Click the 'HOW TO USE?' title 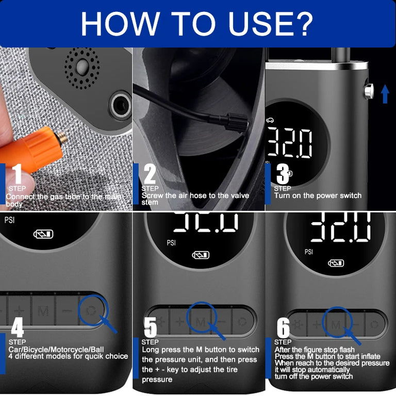click(x=197, y=23)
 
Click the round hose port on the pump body click(x=120, y=105)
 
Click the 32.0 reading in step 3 click(x=290, y=143)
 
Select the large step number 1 click(x=17, y=175)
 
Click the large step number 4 click(x=17, y=326)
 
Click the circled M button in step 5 click(x=200, y=322)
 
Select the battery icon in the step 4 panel click(x=43, y=235)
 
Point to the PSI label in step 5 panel click(x=173, y=242)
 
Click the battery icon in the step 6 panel click(x=336, y=263)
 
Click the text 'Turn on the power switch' click(x=318, y=195)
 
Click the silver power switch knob click(x=368, y=90)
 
